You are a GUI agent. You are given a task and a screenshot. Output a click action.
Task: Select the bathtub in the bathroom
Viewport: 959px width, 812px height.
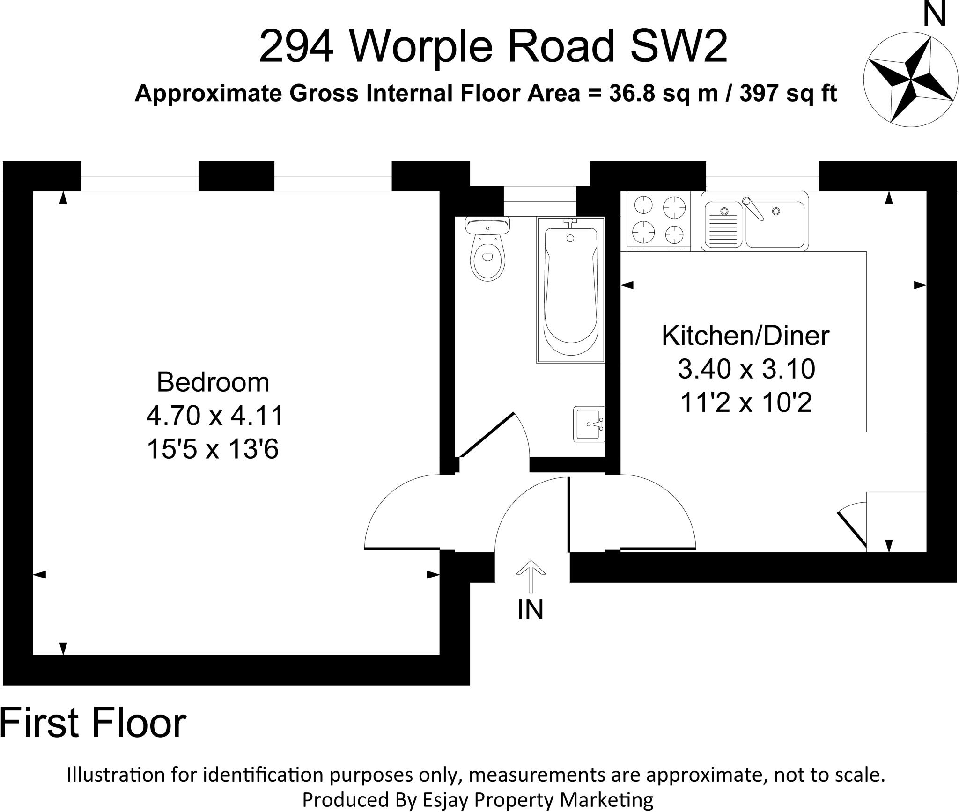click(570, 290)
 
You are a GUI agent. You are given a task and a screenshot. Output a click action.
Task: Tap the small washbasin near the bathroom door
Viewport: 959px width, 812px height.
click(589, 424)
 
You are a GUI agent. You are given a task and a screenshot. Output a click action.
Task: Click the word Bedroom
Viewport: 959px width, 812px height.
click(213, 382)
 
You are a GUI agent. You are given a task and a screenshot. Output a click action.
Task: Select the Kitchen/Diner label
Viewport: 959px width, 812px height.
click(745, 336)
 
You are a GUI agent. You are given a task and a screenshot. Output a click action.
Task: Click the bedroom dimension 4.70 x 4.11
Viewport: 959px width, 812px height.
click(215, 416)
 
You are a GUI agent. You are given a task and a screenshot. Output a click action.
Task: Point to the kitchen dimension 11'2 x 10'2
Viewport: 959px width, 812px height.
click(745, 402)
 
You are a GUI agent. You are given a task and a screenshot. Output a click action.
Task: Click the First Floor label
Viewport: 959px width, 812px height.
click(93, 723)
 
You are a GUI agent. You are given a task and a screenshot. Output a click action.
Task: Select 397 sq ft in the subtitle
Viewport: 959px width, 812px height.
click(788, 94)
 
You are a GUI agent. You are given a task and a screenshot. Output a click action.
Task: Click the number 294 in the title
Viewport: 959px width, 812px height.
click(296, 47)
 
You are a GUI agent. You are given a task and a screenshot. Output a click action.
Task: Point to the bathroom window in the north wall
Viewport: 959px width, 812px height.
click(539, 201)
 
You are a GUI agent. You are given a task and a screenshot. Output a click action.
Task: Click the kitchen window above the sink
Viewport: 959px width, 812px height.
click(762, 176)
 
